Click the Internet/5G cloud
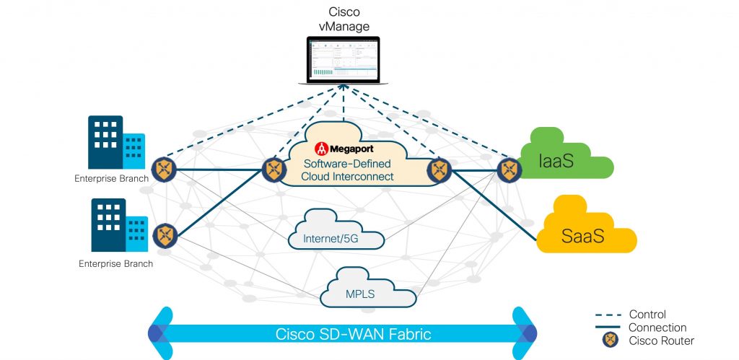click(333, 230)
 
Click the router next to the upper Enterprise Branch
click(165, 170)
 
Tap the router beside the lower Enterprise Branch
click(165, 234)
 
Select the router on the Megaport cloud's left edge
click(274, 170)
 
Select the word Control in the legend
click(647, 315)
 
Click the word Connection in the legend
click(657, 328)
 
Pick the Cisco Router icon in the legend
click(608, 340)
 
